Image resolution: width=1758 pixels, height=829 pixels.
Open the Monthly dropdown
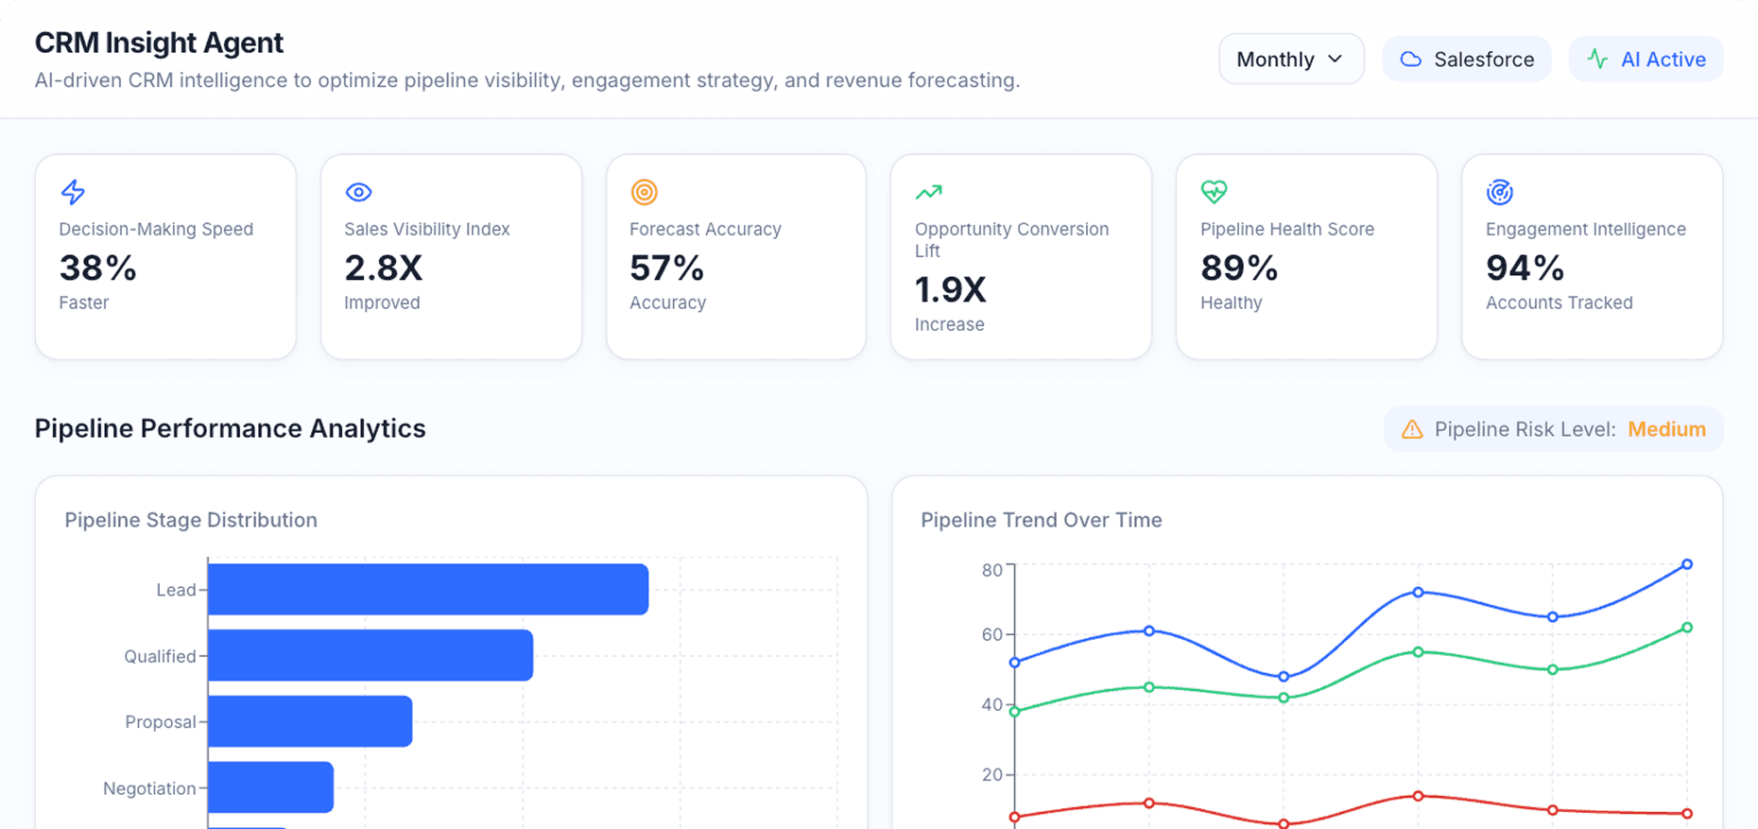coord(1290,60)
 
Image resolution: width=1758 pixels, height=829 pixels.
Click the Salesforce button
coord(1466,60)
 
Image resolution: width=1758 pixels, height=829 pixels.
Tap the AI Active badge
coord(1646,60)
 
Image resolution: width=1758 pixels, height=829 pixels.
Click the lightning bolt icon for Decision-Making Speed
coord(73,192)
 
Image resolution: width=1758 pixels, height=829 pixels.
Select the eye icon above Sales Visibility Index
coord(358,192)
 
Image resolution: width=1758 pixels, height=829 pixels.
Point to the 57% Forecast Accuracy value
coord(666,268)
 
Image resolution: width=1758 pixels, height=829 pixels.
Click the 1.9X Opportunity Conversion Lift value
coord(950,290)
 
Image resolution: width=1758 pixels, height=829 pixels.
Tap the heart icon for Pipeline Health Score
coord(1214,192)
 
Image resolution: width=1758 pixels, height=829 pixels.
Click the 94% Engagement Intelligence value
coord(1524,268)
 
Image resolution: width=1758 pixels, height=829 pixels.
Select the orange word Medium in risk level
coord(1666,429)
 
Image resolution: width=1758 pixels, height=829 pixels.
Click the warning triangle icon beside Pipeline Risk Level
coord(1412,429)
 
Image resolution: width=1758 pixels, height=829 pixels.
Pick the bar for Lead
coord(427,590)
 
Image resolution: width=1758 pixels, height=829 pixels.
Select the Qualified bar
coord(370,655)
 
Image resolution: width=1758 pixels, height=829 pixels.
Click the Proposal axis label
coord(160,722)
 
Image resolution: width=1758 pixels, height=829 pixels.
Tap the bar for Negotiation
coord(270,787)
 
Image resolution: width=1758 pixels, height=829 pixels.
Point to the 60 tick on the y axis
coord(991,634)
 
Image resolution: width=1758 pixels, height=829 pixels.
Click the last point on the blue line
coord(1687,564)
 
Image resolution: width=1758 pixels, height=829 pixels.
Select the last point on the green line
coord(1687,628)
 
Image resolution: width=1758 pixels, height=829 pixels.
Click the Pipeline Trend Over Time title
coord(1041,520)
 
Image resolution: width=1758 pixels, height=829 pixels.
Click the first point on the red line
coord(1015,817)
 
